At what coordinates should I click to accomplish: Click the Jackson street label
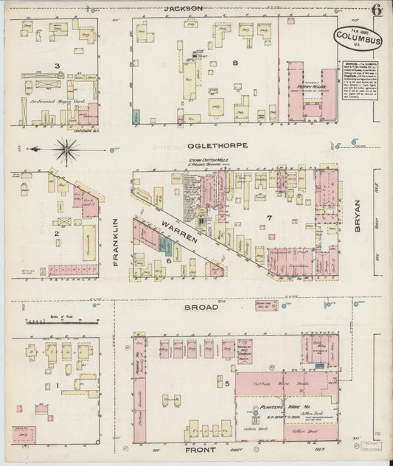pos(183,8)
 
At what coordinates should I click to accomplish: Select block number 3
pos(56,66)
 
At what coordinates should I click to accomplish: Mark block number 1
pos(58,385)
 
